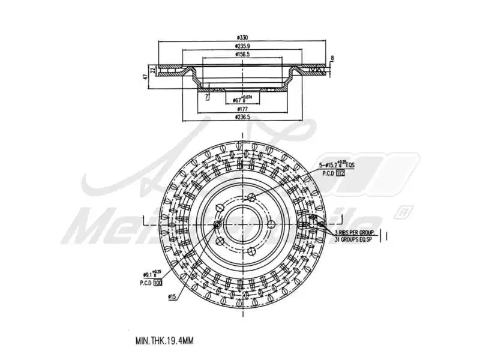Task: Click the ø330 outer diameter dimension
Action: pos(243,38)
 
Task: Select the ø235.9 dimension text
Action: pos(243,46)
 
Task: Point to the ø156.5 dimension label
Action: pos(243,54)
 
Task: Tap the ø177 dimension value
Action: pos(243,109)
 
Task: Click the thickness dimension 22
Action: pos(153,70)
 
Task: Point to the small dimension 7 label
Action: pos(206,96)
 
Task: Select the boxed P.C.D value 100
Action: pos(158,282)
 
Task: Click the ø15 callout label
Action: pos(172,296)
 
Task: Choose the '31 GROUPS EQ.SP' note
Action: pos(355,239)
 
